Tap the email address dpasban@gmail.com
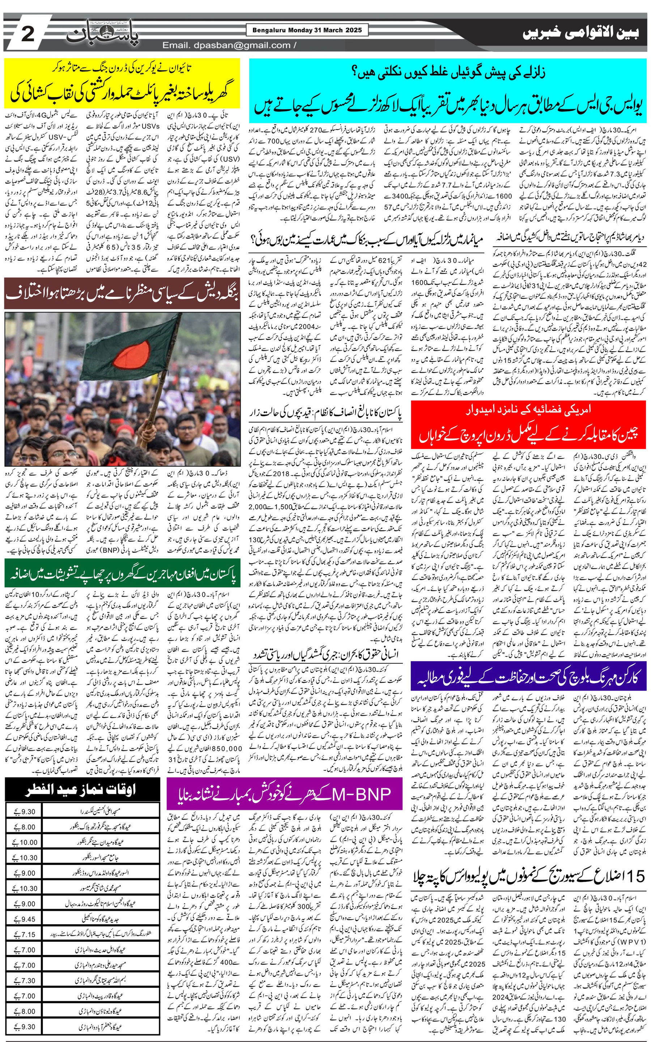(226, 45)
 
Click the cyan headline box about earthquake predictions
(448, 90)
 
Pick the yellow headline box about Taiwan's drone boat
(122, 84)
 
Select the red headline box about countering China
(528, 425)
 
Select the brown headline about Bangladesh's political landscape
(122, 293)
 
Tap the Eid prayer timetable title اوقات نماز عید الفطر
(82, 790)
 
